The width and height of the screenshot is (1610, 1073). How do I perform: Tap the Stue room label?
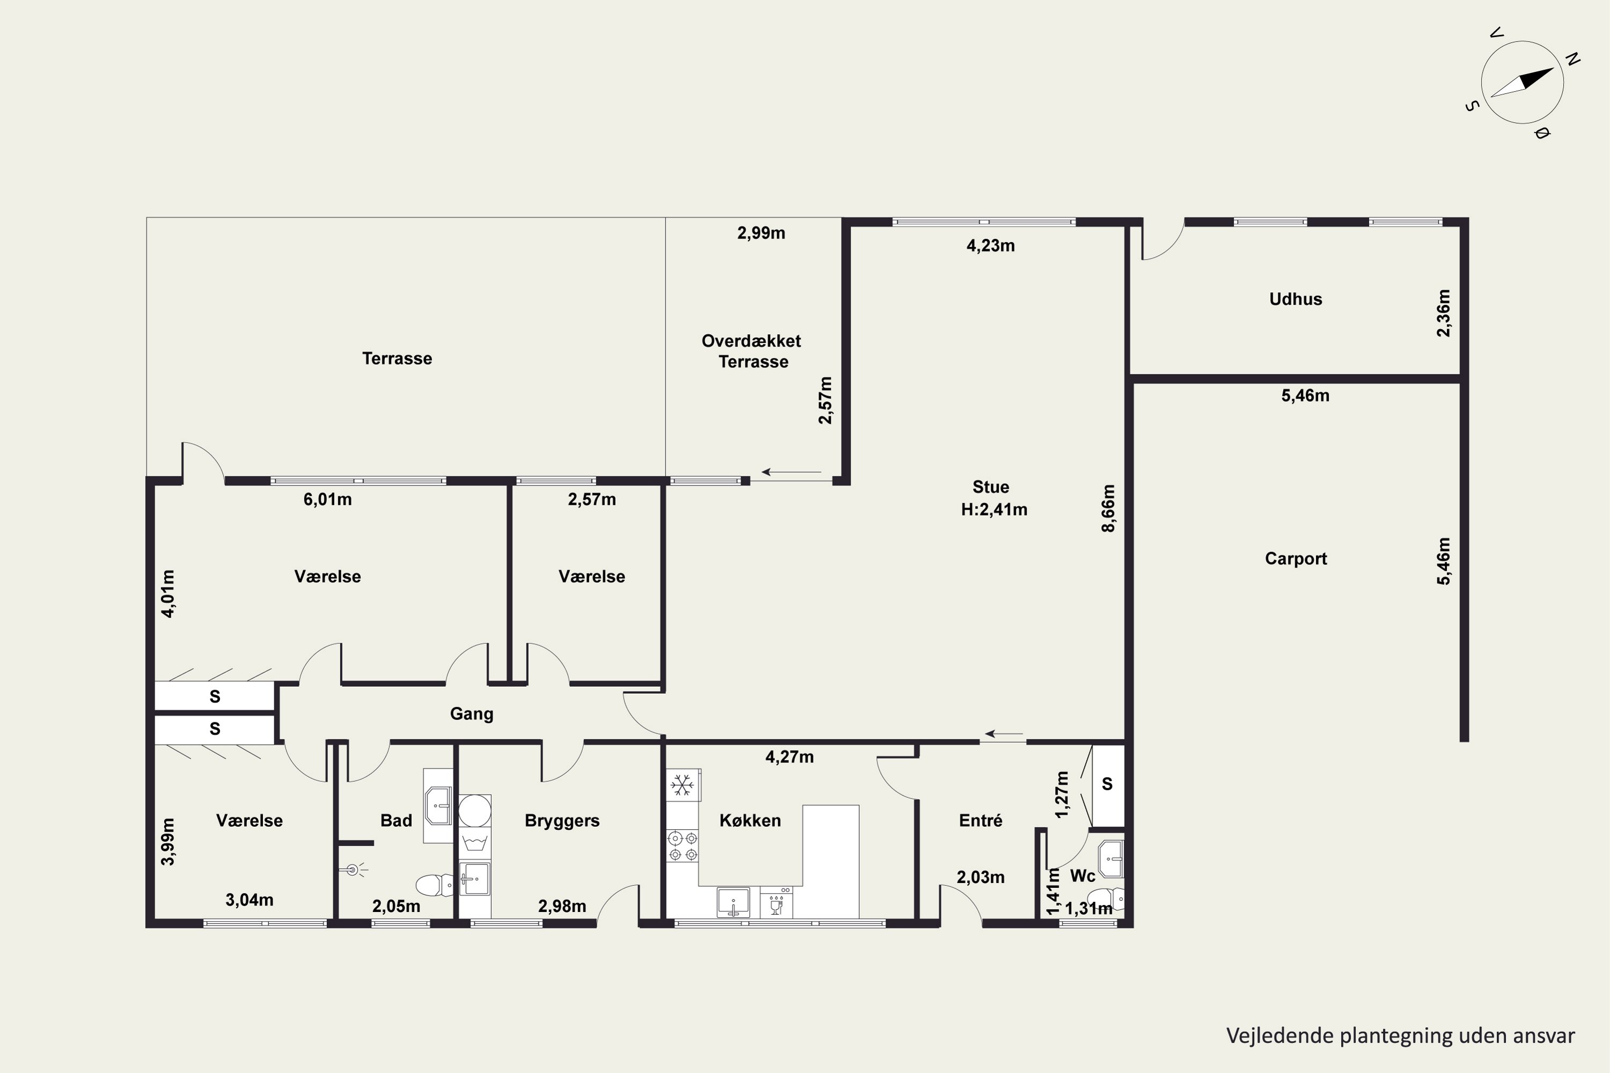coord(991,487)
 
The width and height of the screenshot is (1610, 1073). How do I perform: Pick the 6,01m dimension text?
coord(328,499)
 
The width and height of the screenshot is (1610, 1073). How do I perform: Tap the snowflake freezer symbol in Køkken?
coord(682,785)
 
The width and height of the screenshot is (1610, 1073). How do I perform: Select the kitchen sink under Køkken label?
coord(733,902)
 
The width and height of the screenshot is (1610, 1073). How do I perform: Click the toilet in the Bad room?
coord(434,884)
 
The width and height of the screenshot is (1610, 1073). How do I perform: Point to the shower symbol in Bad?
coord(353,870)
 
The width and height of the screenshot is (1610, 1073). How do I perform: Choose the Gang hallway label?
coord(472,714)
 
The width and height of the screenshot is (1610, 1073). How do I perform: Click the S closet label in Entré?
coord(1107,784)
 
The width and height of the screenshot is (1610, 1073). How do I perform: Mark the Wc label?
coord(1082,876)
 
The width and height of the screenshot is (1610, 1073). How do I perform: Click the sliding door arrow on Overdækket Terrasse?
coord(791,472)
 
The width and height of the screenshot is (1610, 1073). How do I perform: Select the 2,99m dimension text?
coord(761,233)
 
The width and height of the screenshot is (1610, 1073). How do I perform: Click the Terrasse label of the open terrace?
coord(397,358)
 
